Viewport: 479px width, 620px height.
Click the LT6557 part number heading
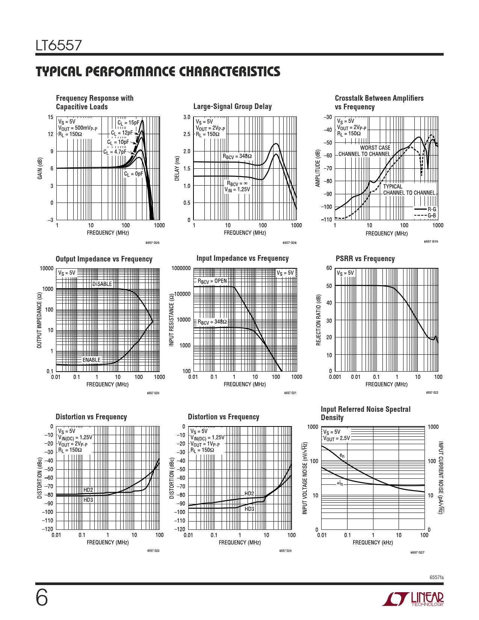pos(59,45)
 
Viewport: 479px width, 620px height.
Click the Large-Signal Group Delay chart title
pos(232,107)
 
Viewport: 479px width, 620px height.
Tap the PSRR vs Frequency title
pos(365,259)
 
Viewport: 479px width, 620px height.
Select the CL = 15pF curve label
pos(128,122)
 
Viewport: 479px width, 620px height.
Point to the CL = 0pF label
pos(133,174)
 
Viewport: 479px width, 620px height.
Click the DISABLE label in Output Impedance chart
pos(102,284)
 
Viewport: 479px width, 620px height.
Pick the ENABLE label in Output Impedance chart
pos(92,360)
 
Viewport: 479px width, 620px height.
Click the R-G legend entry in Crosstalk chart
pos(432,209)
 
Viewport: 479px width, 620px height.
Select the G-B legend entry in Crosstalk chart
pos(432,216)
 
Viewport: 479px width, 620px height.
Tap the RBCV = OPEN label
pos(212,281)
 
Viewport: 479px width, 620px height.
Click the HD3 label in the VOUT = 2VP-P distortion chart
pos(88,500)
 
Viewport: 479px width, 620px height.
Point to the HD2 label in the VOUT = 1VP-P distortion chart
pos(249,493)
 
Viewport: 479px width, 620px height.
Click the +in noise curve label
pos(340,484)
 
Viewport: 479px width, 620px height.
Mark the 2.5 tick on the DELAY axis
pos(186,135)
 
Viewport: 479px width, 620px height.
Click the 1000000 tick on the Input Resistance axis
pos(181,268)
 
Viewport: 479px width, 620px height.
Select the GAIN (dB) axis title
pos(40,168)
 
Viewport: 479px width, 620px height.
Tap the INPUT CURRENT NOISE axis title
pos(441,478)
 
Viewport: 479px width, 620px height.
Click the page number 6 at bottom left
pos(42,597)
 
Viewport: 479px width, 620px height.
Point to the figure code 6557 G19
pos(431,242)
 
